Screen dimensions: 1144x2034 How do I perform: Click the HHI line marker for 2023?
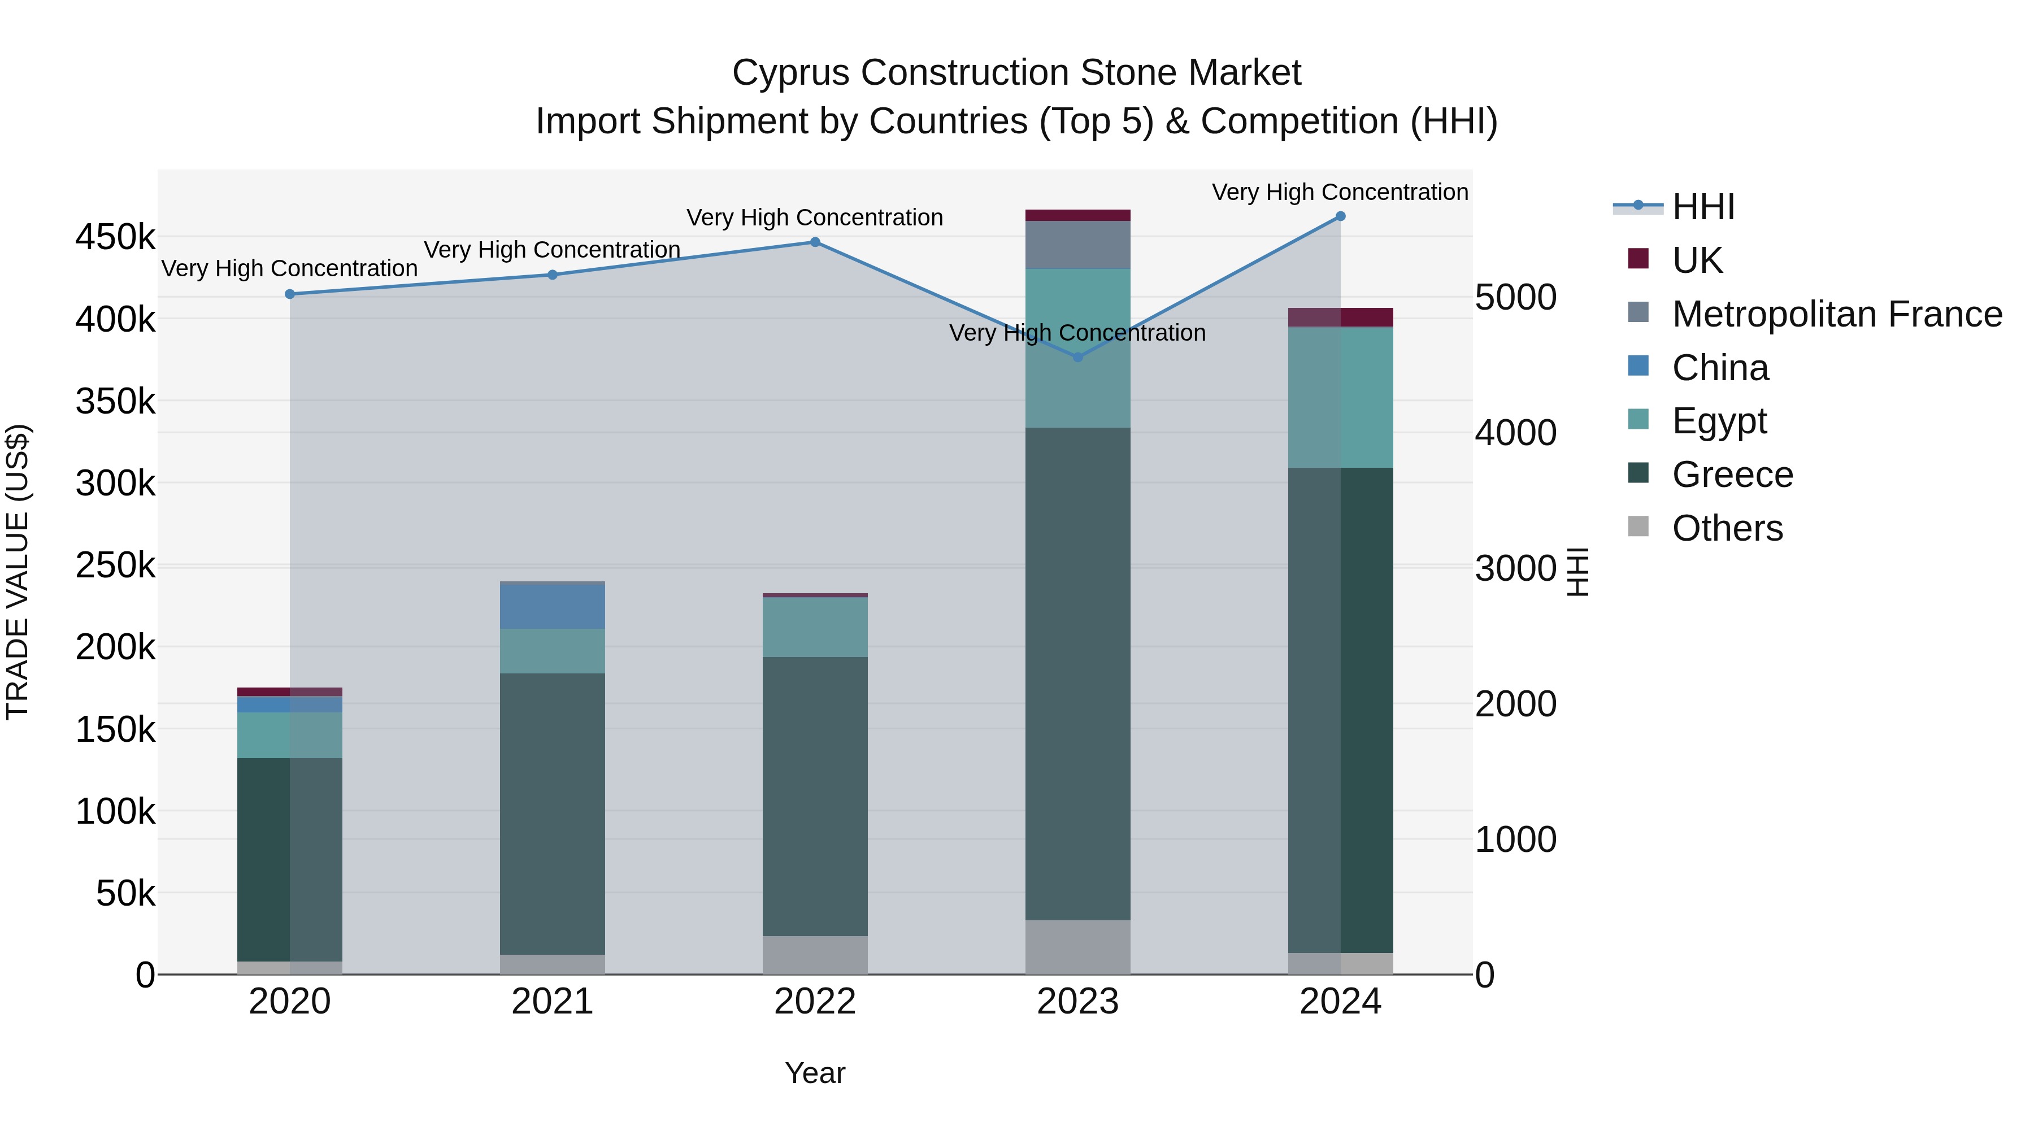click(1078, 357)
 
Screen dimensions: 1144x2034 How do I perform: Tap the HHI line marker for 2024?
click(1340, 216)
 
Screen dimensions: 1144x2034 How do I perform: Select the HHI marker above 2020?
click(290, 294)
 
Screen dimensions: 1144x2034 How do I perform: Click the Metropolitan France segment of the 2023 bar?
click(1078, 245)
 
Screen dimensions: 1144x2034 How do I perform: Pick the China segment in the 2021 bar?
click(552, 606)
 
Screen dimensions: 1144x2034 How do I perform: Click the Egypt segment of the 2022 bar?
click(815, 627)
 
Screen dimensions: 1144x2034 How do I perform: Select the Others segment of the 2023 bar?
click(1078, 947)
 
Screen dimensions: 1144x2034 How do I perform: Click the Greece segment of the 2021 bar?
click(552, 813)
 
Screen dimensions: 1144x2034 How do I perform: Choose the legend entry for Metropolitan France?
click(1837, 314)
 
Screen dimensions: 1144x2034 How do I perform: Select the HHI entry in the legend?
click(1703, 207)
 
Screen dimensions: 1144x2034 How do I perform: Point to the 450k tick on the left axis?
click(115, 237)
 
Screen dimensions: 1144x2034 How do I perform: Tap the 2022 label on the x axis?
click(815, 1002)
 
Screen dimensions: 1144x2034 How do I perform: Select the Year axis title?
click(815, 1073)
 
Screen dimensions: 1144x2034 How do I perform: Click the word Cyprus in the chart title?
click(790, 73)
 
